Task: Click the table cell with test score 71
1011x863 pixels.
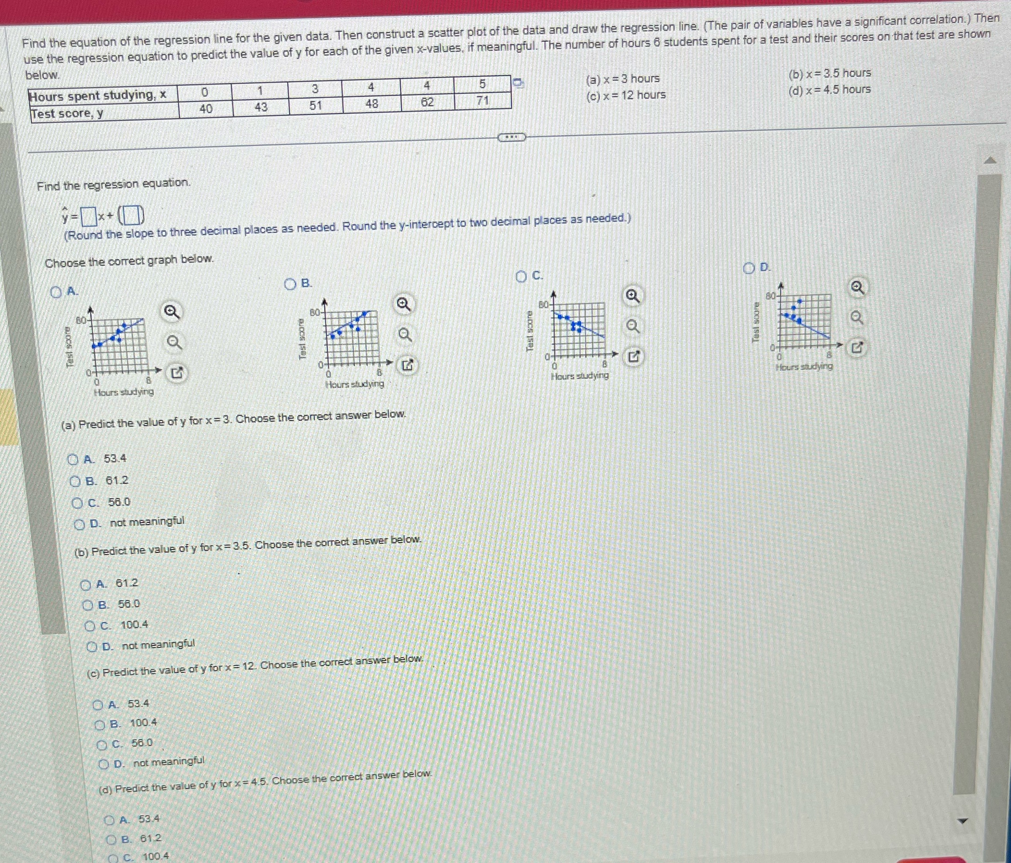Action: tap(482, 101)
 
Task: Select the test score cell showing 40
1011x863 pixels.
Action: tap(206, 109)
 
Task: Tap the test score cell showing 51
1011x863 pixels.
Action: tap(316, 105)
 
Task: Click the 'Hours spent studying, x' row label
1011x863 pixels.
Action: tap(98, 95)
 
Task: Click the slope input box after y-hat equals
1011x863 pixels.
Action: tap(88, 217)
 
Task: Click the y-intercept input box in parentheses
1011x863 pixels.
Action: tap(132, 215)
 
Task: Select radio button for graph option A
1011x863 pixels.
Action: tap(56, 292)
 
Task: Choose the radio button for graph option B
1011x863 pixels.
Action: tap(290, 284)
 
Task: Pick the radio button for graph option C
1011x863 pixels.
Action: tap(521, 277)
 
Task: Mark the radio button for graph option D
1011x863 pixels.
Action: tap(748, 268)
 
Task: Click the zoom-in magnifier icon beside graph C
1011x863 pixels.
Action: tap(632, 296)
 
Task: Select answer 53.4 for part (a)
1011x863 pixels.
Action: tap(73, 460)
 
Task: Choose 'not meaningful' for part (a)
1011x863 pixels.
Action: tap(80, 524)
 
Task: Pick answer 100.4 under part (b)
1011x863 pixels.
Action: tap(90, 626)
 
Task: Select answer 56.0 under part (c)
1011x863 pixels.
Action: tap(102, 745)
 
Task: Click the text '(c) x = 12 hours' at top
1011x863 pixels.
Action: tap(626, 95)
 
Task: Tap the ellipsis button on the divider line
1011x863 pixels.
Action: tap(511, 137)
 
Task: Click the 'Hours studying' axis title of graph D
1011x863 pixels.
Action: tap(804, 366)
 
